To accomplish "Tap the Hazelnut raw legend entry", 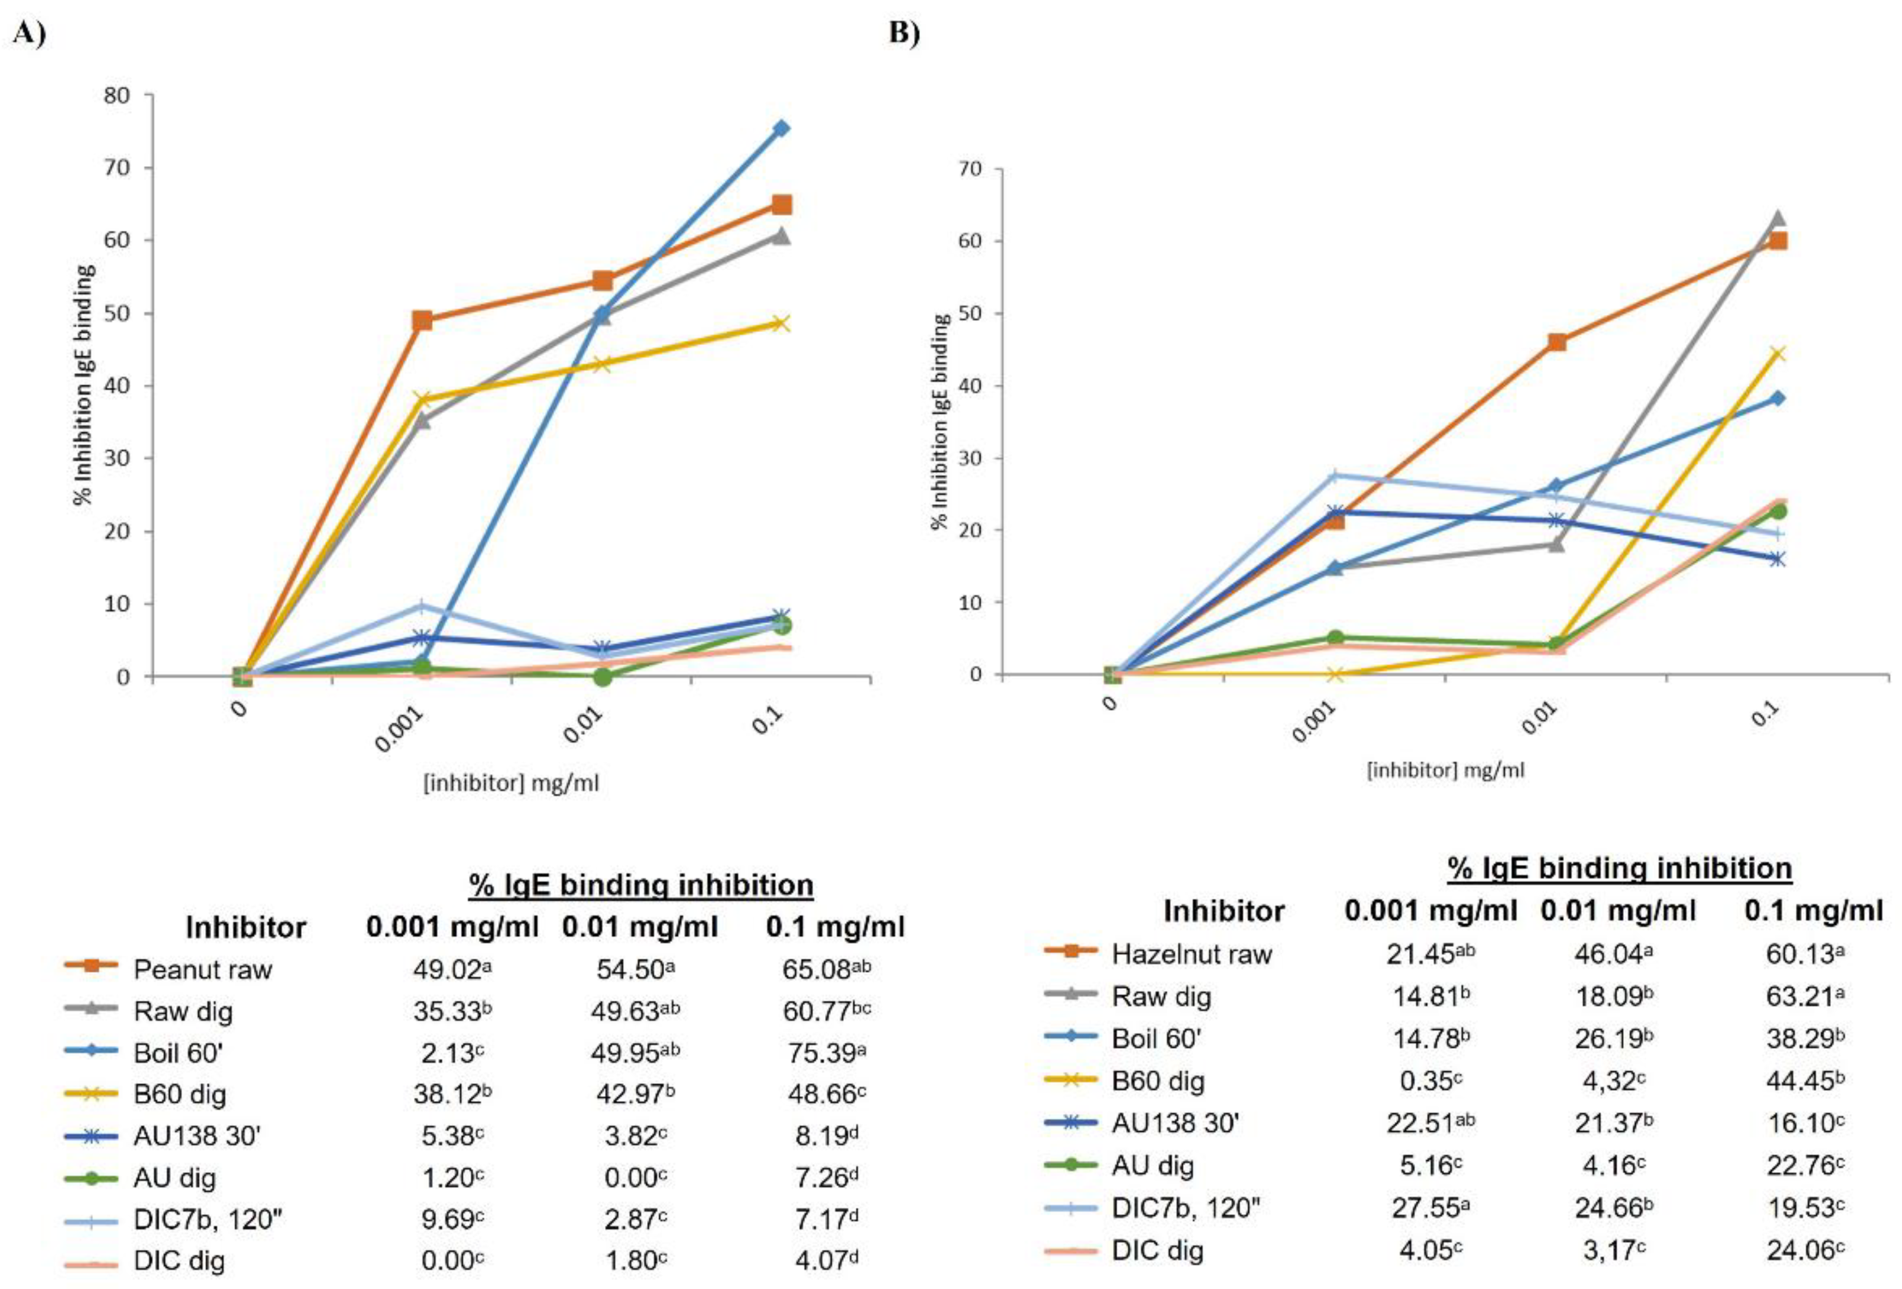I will tap(1191, 954).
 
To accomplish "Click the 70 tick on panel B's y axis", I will tap(971, 170).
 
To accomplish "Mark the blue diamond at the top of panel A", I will tap(782, 129).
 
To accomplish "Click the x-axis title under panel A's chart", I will tap(511, 783).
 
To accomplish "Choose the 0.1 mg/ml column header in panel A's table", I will tap(835, 927).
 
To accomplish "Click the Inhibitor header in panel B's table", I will tap(1224, 911).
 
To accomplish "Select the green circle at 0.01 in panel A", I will tap(603, 677).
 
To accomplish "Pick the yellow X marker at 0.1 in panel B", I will tap(1777, 354).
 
